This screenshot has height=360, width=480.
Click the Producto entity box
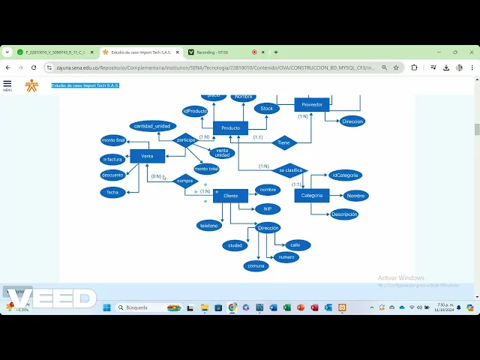coord(230,128)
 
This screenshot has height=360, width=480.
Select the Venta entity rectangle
coord(147,156)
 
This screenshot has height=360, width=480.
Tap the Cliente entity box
coord(230,196)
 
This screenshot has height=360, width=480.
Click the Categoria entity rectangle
coord(311,196)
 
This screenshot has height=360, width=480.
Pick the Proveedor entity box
coord(312,105)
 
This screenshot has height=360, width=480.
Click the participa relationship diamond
coord(185,139)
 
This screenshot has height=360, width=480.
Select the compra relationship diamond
coord(184,181)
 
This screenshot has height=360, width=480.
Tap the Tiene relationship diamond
coord(283,142)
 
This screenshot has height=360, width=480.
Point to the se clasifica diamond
coord(290,170)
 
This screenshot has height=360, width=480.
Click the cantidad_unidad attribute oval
coord(152,126)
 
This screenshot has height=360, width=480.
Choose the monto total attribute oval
coord(206,169)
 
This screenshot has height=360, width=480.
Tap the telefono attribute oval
coord(209,225)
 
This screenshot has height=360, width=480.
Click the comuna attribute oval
coord(256,265)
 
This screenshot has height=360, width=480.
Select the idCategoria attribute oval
coord(345,175)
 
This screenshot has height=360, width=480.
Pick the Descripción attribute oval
coord(344,214)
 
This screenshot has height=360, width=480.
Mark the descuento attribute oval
coord(112,175)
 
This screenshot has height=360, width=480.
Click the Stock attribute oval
coord(266,109)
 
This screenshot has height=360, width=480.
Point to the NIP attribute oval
coord(268,209)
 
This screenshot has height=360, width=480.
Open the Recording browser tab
coord(217,52)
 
